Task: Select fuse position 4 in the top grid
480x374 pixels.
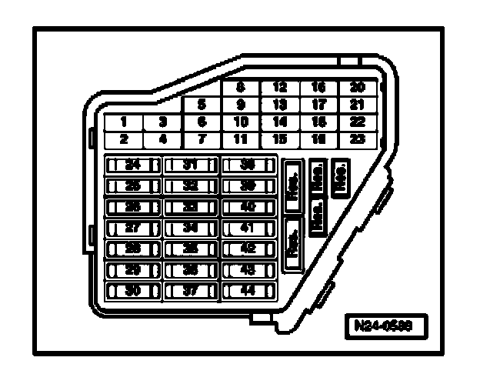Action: (x=162, y=139)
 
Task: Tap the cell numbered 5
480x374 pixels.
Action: (x=202, y=104)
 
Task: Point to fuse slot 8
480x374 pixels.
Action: (x=241, y=87)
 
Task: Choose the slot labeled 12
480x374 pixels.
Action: (x=280, y=87)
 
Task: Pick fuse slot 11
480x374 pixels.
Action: (x=241, y=139)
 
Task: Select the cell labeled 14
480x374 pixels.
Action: (x=280, y=122)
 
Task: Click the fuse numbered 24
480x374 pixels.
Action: (x=132, y=165)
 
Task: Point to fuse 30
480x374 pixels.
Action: (x=132, y=291)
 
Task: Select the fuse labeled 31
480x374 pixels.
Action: (x=192, y=165)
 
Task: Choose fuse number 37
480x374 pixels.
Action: (x=192, y=291)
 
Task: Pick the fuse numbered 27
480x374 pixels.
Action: (x=132, y=228)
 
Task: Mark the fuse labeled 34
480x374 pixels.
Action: (x=192, y=228)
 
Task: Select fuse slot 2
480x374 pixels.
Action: (x=124, y=139)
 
